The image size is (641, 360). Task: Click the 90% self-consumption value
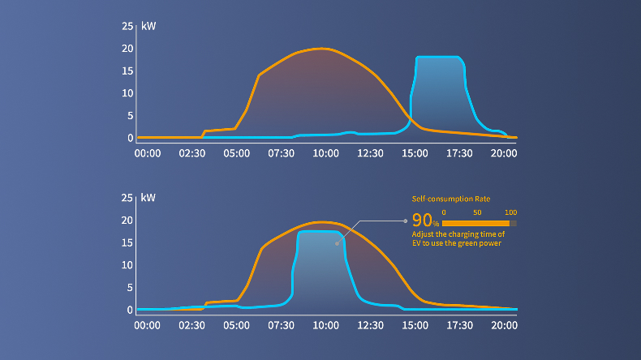coord(424,221)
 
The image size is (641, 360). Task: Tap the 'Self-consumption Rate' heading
coord(451,199)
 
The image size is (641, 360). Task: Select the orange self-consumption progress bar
coord(475,223)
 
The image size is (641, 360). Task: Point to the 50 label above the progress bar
coord(477,212)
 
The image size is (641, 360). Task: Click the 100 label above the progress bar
coord(510,212)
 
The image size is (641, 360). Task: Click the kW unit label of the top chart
coord(148,26)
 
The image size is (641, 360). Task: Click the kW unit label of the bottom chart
coord(148,198)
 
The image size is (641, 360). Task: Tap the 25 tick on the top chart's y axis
coord(127,26)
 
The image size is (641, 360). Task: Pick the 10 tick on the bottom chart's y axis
coord(127,265)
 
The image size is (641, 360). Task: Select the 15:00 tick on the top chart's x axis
coord(415,152)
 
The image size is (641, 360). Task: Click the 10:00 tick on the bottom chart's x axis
coord(326,324)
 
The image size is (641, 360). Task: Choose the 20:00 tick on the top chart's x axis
coord(505,152)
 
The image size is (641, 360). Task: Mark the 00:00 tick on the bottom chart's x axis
coord(148,324)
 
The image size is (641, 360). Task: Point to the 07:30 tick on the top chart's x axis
coord(282,152)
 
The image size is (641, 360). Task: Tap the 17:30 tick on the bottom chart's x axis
coord(460,324)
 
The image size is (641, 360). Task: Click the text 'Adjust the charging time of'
coord(458,234)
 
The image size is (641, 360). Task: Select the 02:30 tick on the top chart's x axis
coord(192,152)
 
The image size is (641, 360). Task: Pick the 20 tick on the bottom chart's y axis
coord(127,221)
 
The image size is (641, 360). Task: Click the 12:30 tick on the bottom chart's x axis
coord(371,324)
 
